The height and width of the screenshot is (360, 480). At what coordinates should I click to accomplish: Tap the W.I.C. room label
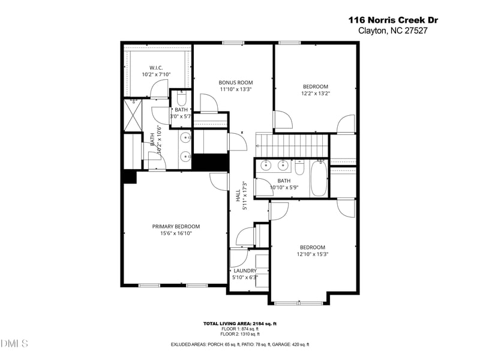click(156, 68)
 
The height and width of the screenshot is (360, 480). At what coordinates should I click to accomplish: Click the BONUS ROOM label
click(235, 82)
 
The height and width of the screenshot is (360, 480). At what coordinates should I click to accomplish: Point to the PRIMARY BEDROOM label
click(175, 226)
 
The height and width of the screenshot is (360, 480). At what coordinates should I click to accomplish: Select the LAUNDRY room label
click(245, 271)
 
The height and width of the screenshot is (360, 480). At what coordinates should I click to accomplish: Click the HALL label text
click(238, 195)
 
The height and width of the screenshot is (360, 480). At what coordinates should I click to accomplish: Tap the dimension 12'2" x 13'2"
click(315, 93)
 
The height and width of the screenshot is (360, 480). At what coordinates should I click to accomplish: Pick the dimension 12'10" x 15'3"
click(313, 254)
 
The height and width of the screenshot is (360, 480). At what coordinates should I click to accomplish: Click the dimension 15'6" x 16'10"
click(175, 233)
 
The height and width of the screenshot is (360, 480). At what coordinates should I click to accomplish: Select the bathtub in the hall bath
click(319, 178)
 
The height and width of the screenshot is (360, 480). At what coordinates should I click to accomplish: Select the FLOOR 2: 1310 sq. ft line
click(239, 334)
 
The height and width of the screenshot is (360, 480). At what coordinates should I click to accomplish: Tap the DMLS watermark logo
click(14, 344)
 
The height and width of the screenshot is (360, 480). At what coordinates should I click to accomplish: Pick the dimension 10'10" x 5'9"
click(284, 187)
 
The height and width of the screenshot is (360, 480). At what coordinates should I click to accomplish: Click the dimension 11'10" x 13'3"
click(235, 89)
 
